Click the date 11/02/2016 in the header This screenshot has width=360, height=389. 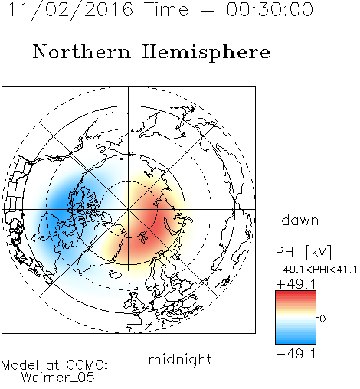(x=70, y=10)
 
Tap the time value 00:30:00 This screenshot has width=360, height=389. (x=270, y=9)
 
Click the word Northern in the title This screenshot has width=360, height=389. (x=82, y=51)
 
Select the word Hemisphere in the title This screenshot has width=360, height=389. (x=206, y=52)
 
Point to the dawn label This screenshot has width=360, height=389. (x=300, y=221)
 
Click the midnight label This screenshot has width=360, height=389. (x=180, y=360)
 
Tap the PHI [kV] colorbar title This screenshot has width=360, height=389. (x=304, y=252)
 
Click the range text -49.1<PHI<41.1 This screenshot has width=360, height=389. (x=316, y=270)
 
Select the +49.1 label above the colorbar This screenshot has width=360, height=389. (x=296, y=284)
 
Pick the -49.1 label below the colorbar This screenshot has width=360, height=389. (x=296, y=354)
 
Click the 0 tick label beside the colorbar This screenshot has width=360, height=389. (x=322, y=319)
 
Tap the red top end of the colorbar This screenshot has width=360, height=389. (x=296, y=293)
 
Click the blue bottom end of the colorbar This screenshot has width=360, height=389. (x=296, y=341)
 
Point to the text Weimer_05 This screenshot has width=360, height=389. (x=57, y=378)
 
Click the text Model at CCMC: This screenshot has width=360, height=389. (x=54, y=365)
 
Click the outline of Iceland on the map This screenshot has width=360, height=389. (x=116, y=275)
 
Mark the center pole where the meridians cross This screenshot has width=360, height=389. (x=129, y=209)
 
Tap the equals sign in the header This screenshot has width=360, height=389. (x=208, y=10)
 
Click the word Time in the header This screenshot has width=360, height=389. (x=166, y=9)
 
